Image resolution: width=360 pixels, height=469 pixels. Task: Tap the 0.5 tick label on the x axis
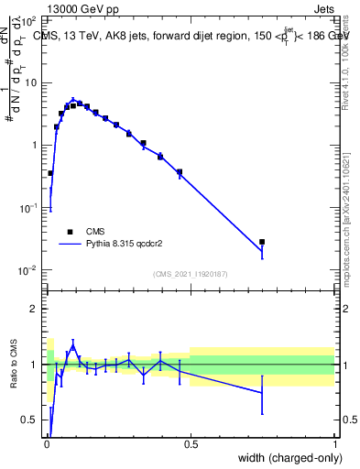click(191, 444)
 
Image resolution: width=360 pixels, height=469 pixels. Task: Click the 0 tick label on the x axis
click(46, 444)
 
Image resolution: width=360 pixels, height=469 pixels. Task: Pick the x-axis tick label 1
click(335, 444)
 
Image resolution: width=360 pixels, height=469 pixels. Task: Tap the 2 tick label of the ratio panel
click(33, 309)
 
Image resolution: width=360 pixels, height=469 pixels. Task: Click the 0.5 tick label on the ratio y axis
click(30, 420)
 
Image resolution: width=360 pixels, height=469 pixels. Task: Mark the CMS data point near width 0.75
click(262, 242)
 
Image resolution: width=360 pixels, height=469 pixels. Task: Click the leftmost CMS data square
click(50, 172)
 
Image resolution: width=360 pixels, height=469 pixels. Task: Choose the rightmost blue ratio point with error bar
click(262, 392)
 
